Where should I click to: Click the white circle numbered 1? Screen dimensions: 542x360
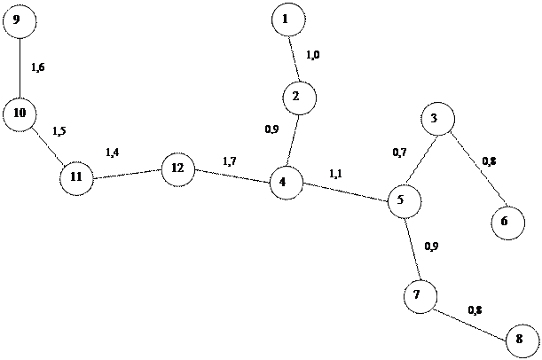pyautogui.click(x=288, y=20)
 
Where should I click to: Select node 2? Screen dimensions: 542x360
pyautogui.click(x=299, y=97)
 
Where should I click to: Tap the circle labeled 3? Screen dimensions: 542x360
pyautogui.click(x=437, y=119)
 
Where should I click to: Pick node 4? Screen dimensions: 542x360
pyautogui.click(x=286, y=183)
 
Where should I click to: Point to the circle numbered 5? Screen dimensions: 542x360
pyautogui.click(x=404, y=201)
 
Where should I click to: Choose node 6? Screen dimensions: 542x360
pyautogui.click(x=507, y=222)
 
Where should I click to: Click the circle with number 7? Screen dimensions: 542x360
pyautogui.click(x=420, y=295)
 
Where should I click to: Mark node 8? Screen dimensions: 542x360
pyautogui.click(x=520, y=340)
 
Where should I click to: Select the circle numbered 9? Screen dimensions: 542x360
pyautogui.click(x=19, y=20)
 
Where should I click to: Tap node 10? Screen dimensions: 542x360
pyautogui.click(x=20, y=113)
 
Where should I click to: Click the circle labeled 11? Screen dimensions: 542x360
pyautogui.click(x=76, y=178)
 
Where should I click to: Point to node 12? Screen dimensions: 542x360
pyautogui.click(x=177, y=168)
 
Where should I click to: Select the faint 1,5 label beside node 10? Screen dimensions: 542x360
pyautogui.click(x=59, y=133)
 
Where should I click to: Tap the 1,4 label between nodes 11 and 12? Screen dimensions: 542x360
pyautogui.click(x=113, y=153)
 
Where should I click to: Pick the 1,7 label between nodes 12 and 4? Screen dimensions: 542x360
pyautogui.click(x=229, y=160)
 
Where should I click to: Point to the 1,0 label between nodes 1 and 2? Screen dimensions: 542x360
pyautogui.click(x=313, y=55)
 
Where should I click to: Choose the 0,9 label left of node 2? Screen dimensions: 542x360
pyautogui.click(x=272, y=129)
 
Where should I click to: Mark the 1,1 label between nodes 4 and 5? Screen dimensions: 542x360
pyautogui.click(x=335, y=176)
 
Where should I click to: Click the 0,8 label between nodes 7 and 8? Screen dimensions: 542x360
pyautogui.click(x=475, y=310)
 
